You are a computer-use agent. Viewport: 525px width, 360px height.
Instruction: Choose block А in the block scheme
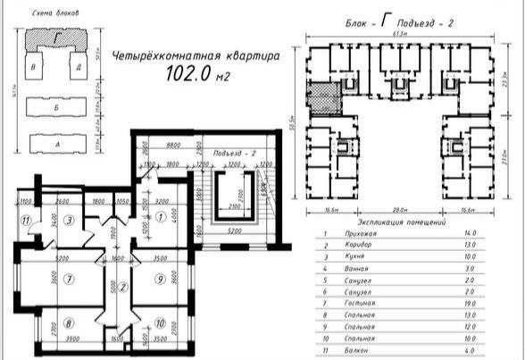[x=56, y=141]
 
